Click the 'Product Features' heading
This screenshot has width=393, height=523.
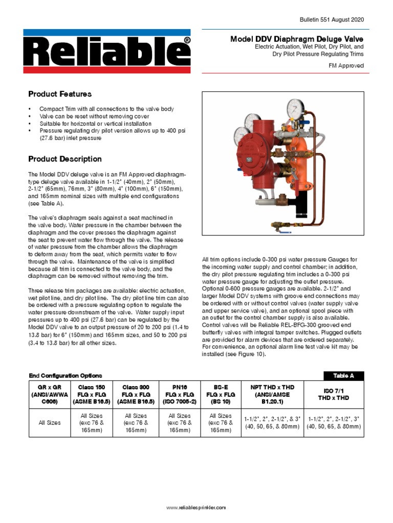pyautogui.click(x=60, y=94)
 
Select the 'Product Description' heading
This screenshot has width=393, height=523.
pyautogui.click(x=65, y=159)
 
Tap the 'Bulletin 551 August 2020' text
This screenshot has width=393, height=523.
pyautogui.click(x=332, y=19)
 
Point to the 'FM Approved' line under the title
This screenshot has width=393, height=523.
pyautogui.click(x=346, y=66)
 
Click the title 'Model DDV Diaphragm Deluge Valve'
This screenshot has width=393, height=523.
pyautogui.click(x=297, y=39)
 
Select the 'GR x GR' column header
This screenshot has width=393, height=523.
pyautogui.click(x=49, y=395)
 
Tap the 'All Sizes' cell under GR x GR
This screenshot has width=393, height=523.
pyautogui.click(x=49, y=423)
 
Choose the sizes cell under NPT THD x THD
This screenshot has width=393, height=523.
pyautogui.click(x=273, y=422)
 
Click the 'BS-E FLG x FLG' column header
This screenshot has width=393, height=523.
pyautogui.click(x=221, y=395)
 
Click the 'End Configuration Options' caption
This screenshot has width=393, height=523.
pyautogui.click(x=65, y=375)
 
